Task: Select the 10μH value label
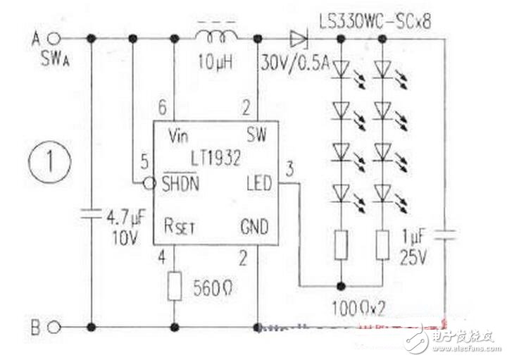click(215, 63)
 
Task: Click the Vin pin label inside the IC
click(181, 136)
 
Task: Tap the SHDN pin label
click(181, 184)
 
